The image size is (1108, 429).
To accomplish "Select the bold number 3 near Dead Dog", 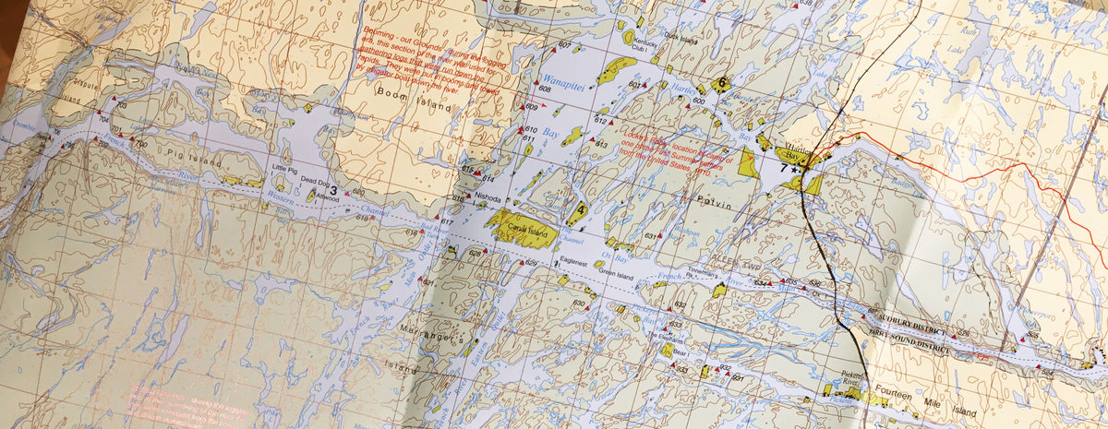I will click(332, 190).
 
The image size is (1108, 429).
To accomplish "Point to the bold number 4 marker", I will click(580, 210).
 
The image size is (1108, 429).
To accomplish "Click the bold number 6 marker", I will click(720, 83).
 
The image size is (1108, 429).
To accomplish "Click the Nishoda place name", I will click(488, 198).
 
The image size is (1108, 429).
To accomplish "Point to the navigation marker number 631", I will click(650, 236).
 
